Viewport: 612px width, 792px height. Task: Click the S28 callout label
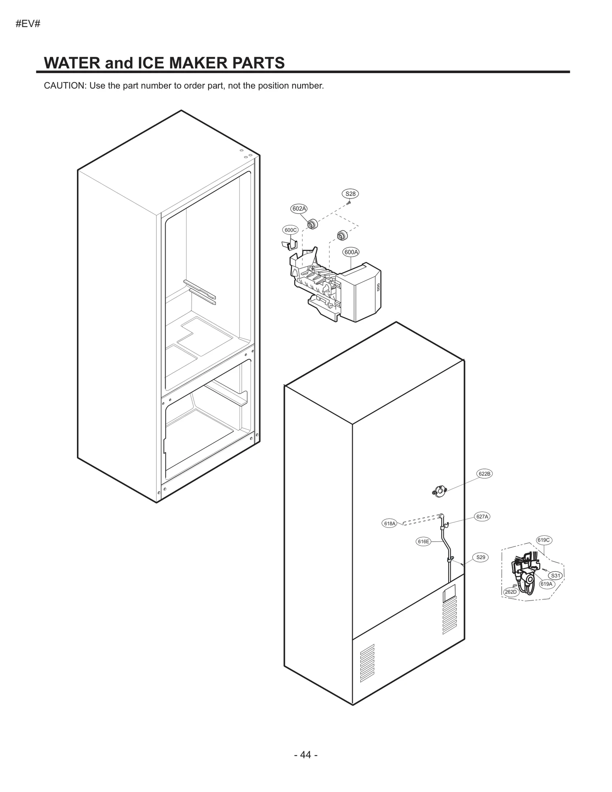click(350, 194)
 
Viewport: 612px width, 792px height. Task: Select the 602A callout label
click(299, 208)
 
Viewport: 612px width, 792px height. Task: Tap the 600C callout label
click(290, 230)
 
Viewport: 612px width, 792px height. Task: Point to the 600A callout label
click(351, 252)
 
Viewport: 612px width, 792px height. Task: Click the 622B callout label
click(484, 473)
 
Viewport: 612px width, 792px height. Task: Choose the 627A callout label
click(482, 516)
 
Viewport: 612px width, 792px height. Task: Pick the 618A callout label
click(389, 523)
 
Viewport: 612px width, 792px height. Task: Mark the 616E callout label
click(423, 541)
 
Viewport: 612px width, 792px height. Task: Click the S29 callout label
click(480, 557)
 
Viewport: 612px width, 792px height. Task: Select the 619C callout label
click(544, 540)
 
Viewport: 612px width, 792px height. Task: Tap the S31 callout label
click(555, 576)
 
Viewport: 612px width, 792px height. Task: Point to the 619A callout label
click(546, 584)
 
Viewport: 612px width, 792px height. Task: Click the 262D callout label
click(510, 592)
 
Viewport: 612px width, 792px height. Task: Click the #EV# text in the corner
click(28, 24)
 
